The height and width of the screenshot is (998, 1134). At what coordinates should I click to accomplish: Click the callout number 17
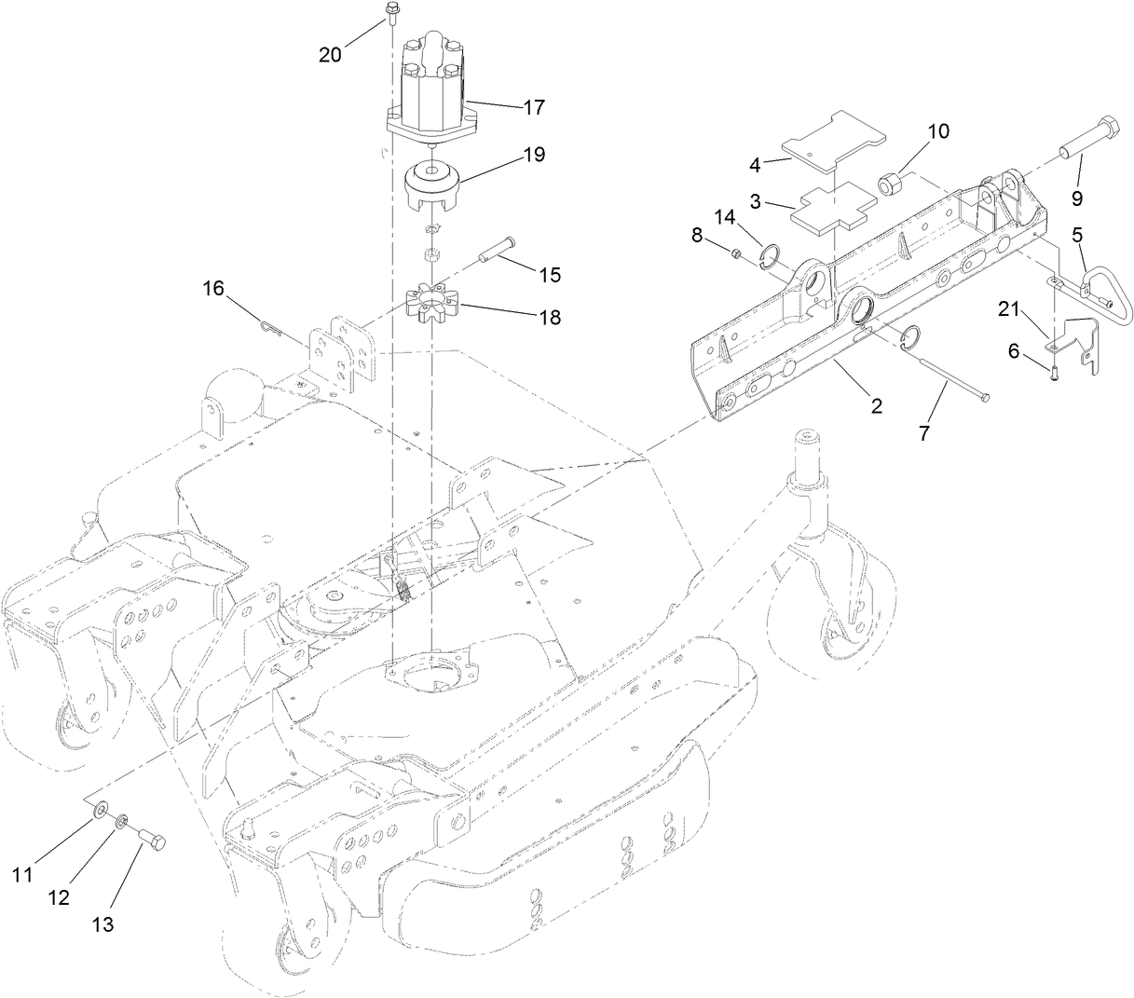point(533,107)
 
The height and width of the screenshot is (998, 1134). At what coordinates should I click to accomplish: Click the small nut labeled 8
point(736,252)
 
